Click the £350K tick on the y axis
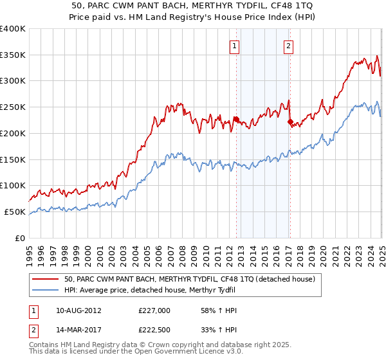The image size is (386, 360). [13, 55]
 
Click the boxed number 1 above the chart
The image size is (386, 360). [234, 46]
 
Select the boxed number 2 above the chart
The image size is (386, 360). [289, 46]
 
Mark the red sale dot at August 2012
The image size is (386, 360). [236, 119]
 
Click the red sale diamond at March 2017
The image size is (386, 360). [290, 122]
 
